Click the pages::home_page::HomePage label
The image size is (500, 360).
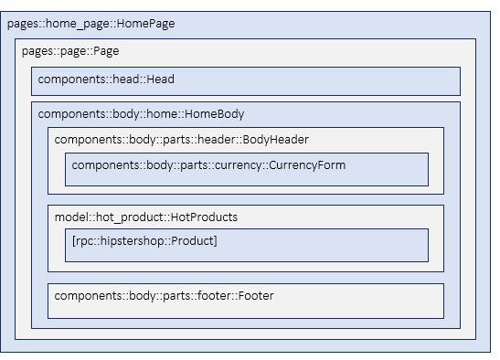pyautogui.click(x=90, y=24)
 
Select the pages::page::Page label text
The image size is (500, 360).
pyautogui.click(x=70, y=51)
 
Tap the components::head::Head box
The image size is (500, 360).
pyautogui.click(x=245, y=80)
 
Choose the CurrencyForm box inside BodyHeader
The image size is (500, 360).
pyautogui.click(x=246, y=169)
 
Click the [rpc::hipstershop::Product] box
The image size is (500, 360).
pyautogui.click(x=246, y=245)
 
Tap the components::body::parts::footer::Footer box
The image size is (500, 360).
pyautogui.click(x=245, y=301)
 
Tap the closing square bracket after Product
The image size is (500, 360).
pyautogui.click(x=215, y=241)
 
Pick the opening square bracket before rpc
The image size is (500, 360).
pyautogui.click(x=73, y=241)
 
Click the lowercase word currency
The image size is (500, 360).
pyautogui.click(x=242, y=165)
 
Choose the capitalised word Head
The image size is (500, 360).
pyautogui.click(x=159, y=79)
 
